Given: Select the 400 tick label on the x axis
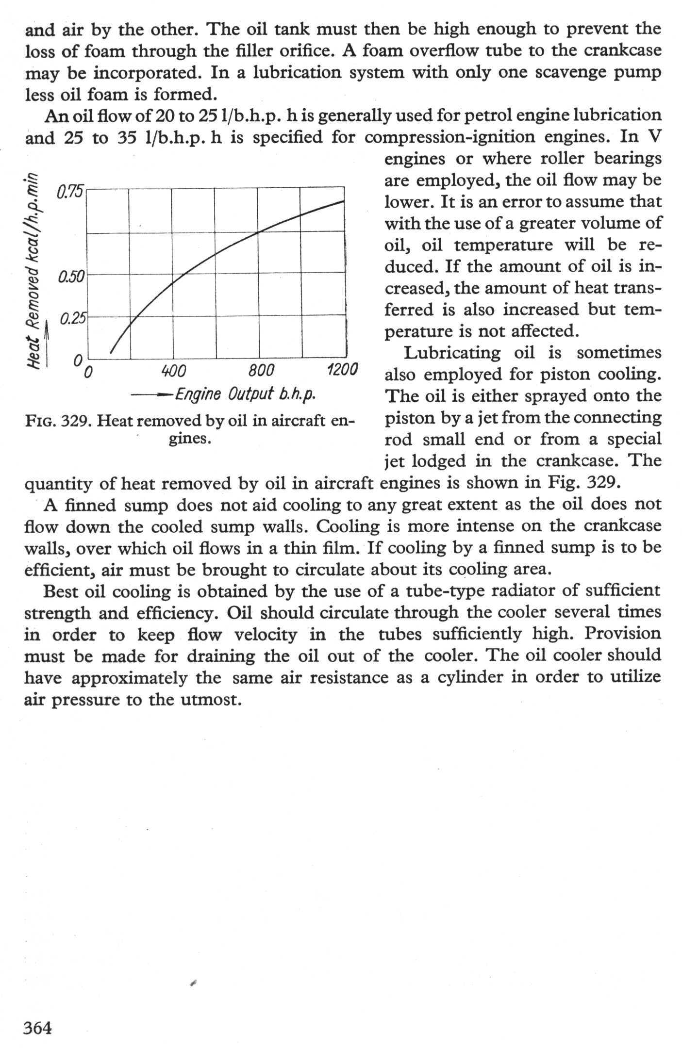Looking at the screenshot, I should coord(173,371).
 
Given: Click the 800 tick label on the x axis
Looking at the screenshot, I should coord(261,371).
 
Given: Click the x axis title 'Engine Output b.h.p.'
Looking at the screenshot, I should coord(245,393).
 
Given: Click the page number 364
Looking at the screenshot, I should coord(37,1028).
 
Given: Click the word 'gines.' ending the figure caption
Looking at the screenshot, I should coord(189,439).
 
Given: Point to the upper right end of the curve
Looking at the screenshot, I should coord(344,200).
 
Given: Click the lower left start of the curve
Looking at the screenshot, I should coord(111,353).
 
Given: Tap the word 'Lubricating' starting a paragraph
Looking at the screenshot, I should coord(452,353).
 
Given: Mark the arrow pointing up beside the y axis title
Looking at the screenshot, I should coord(47,342).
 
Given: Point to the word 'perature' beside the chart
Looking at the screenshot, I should coord(416,331).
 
